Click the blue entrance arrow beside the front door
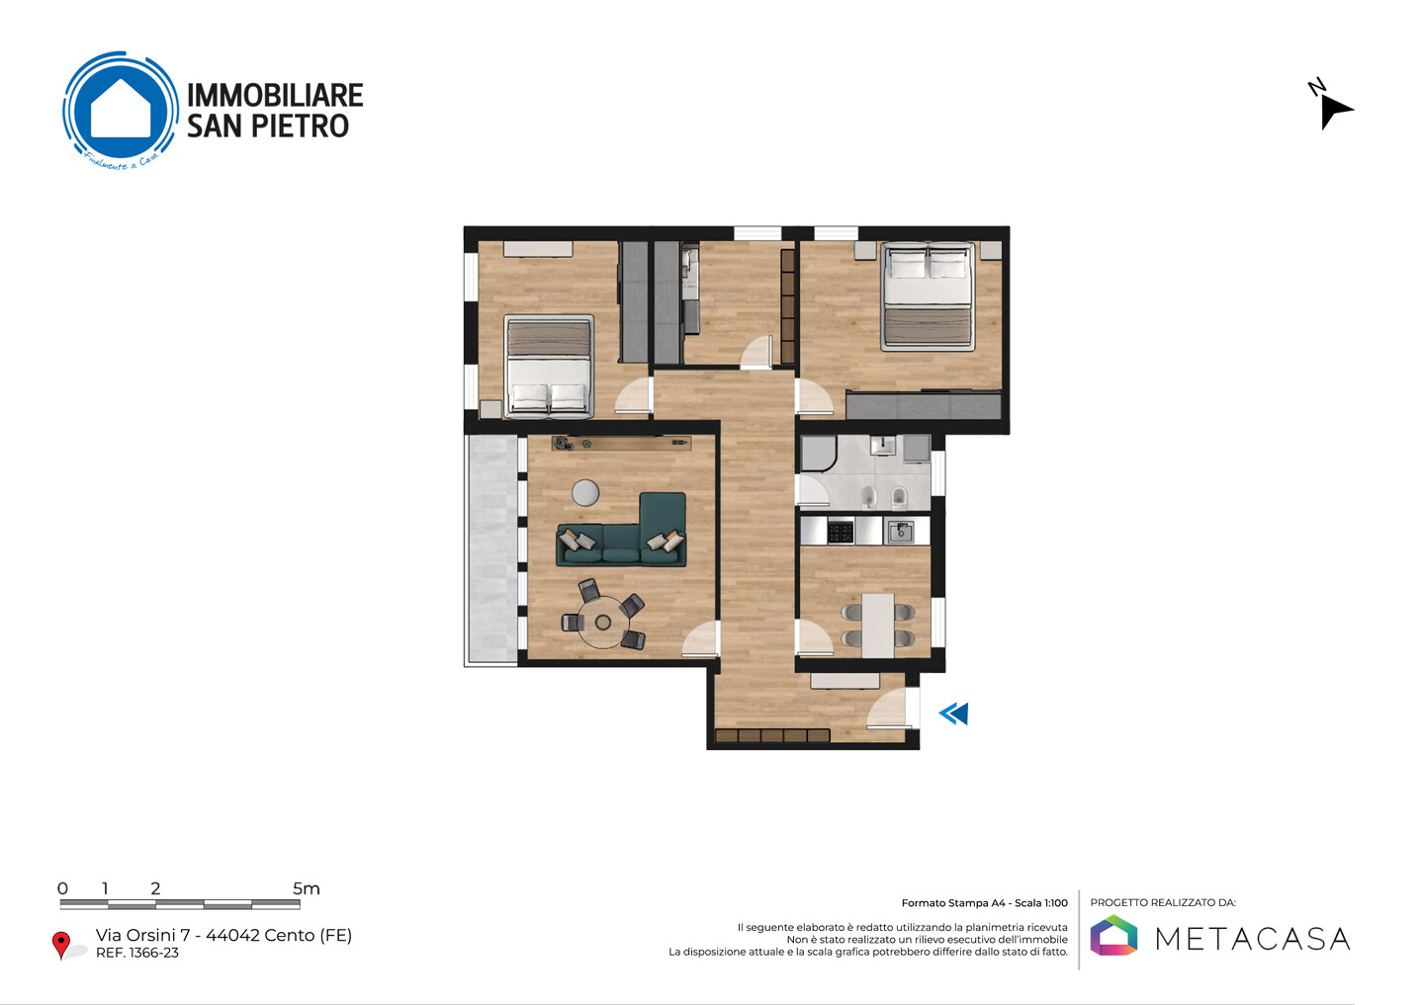[x=953, y=713]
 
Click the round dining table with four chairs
[x=603, y=622]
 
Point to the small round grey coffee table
[x=584, y=493]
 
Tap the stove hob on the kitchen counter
[x=841, y=532]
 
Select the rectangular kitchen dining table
[x=878, y=626]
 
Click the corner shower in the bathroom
[x=818, y=453]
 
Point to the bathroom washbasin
[x=882, y=446]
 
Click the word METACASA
[x=1252, y=939]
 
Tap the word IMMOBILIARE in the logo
[x=275, y=95]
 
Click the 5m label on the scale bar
[x=306, y=888]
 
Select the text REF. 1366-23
[x=137, y=953]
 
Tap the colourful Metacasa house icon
[x=1113, y=935]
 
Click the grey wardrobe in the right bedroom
[x=924, y=405]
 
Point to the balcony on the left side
[x=490, y=549]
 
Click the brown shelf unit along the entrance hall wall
[x=772, y=735]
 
